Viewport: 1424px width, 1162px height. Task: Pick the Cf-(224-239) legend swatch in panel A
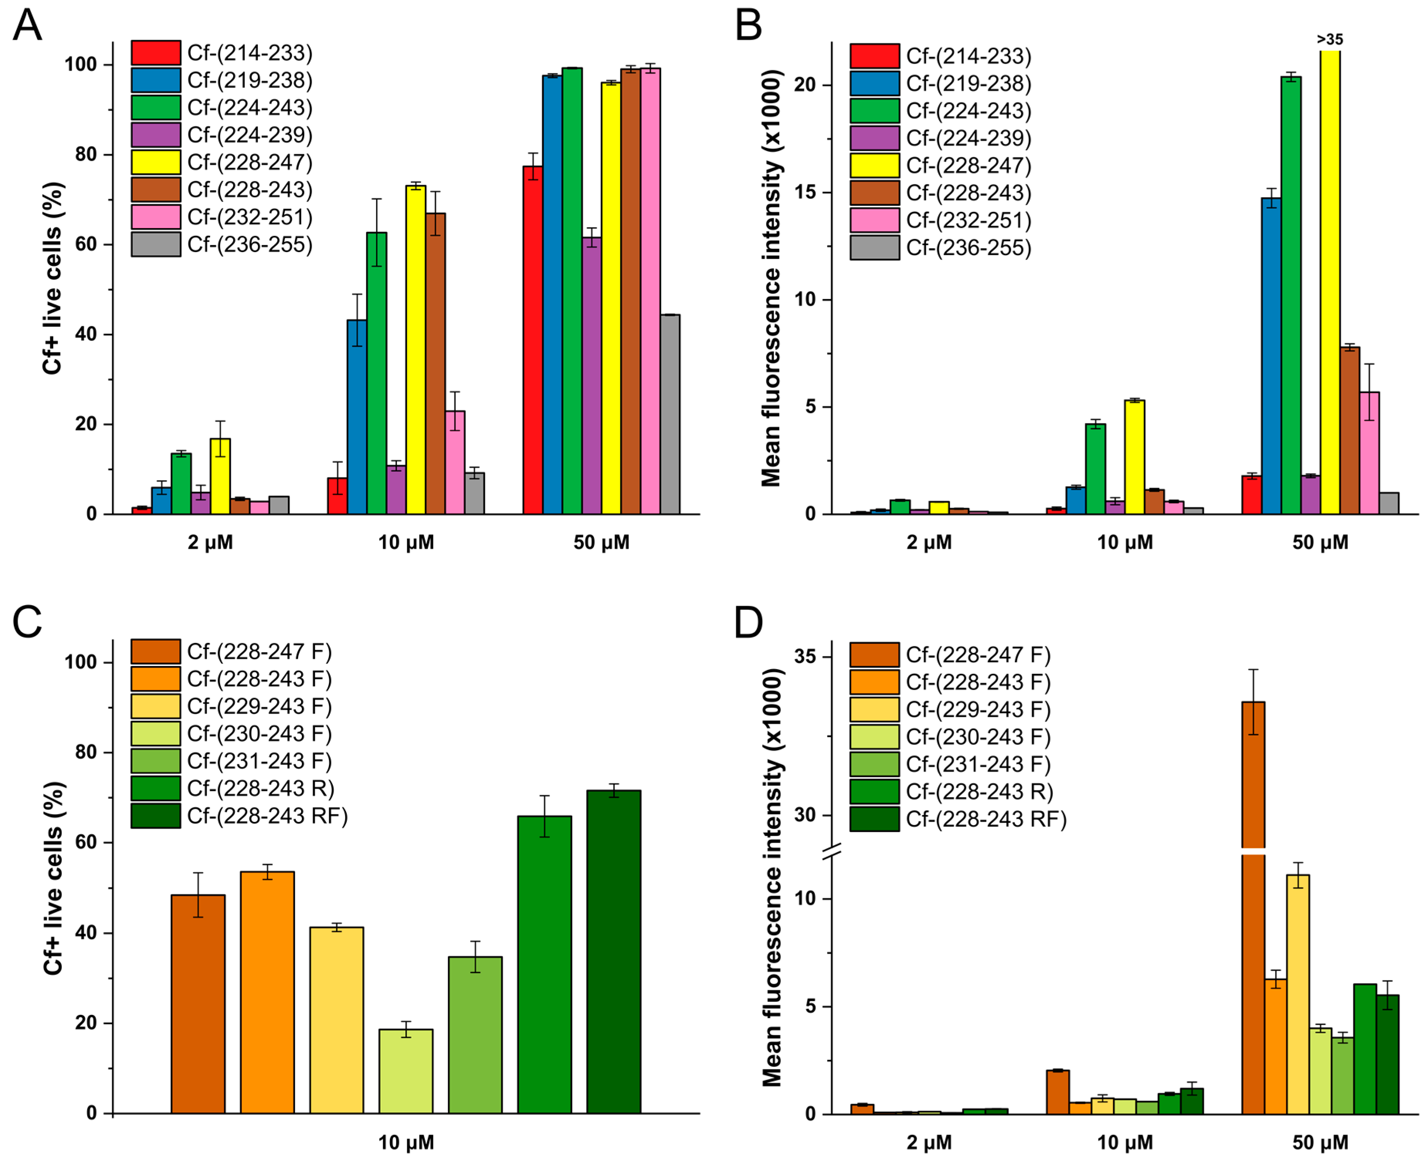155,135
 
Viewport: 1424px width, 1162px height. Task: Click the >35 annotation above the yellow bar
1329,39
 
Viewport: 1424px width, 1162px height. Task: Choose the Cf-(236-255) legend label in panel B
968,248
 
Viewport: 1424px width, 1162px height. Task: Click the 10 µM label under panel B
1125,542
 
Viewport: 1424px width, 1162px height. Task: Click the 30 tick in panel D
806,815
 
